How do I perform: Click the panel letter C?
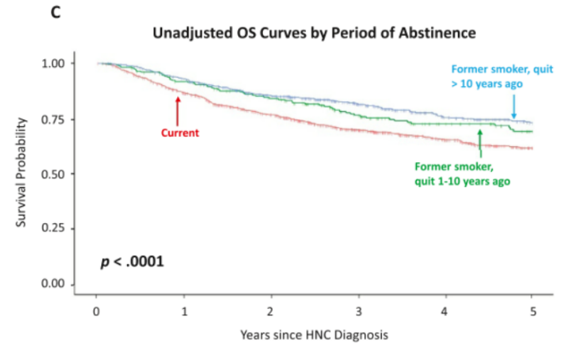pos(56,11)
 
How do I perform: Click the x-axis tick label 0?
pos(97,312)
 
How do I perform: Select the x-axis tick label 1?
pos(184,312)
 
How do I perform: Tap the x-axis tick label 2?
pos(271,312)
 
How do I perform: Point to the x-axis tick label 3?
pos(357,312)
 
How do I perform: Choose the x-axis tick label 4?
pos(444,312)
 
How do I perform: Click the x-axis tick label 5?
pos(531,312)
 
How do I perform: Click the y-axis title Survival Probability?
pos(23,171)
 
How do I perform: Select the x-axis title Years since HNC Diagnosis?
pos(313,336)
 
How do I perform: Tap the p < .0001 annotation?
pos(132,261)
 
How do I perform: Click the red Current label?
pos(180,133)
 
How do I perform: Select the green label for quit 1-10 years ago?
pos(462,173)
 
